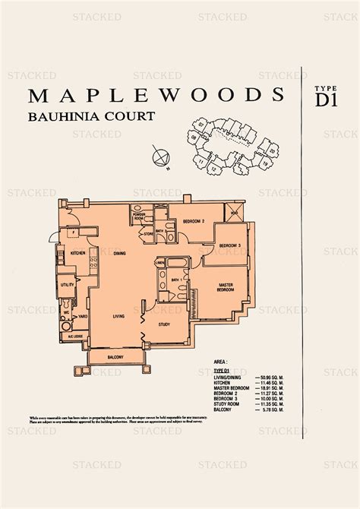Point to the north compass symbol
159,158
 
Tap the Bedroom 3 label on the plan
230,246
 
